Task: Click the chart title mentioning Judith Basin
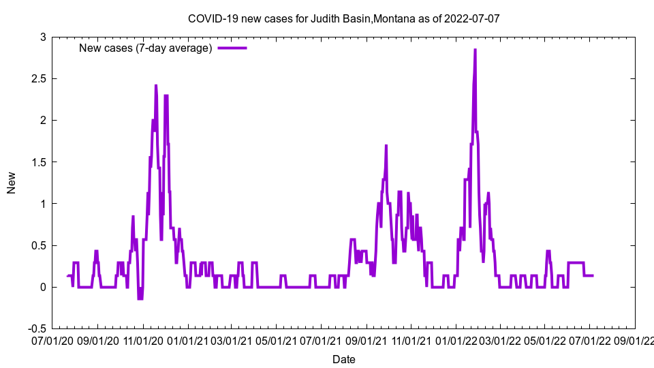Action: [x=343, y=18]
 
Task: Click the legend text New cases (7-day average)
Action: [x=146, y=48]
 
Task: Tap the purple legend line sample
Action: [x=232, y=48]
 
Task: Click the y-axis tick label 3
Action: [x=42, y=37]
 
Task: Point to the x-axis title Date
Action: [x=343, y=358]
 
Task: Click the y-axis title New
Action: [x=12, y=183]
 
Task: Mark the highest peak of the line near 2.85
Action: [x=475, y=50]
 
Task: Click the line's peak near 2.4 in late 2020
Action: [x=155, y=86]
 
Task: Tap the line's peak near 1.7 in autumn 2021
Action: [x=386, y=146]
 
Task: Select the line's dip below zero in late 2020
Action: [x=140, y=298]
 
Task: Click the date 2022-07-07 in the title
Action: [x=471, y=18]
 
